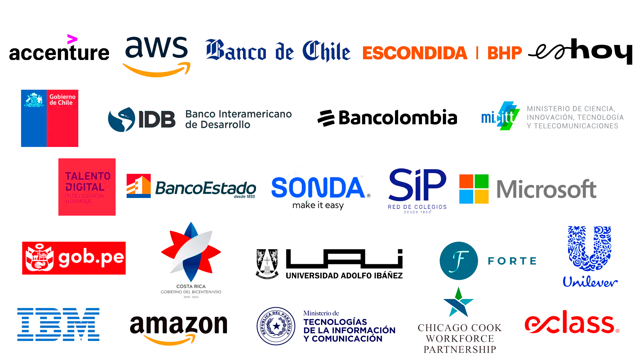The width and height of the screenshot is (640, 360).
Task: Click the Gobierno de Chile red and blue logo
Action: coord(50,118)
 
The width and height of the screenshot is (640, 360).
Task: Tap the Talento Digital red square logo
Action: coord(87,187)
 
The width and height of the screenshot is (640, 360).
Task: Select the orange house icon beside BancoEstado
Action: coord(138,186)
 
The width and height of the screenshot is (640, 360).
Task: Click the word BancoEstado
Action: coord(205,188)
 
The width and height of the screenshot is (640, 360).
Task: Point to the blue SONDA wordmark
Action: coord(318,188)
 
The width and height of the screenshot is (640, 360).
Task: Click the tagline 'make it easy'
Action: coord(318,205)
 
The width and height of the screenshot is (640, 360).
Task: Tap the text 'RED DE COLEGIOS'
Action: coord(417,207)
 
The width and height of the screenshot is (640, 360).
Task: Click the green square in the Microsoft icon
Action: coord(481,181)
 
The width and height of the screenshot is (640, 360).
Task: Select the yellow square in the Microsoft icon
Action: coord(481,197)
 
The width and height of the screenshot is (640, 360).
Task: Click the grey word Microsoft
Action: coord(546,189)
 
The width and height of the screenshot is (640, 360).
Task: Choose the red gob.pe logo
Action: coord(75,257)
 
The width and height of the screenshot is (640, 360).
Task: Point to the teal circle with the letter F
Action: coord(458,260)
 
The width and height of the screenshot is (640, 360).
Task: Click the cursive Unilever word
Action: coord(590,282)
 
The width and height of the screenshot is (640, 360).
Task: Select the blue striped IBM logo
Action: coord(59,324)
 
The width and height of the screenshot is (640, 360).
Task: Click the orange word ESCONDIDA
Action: coord(414,53)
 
